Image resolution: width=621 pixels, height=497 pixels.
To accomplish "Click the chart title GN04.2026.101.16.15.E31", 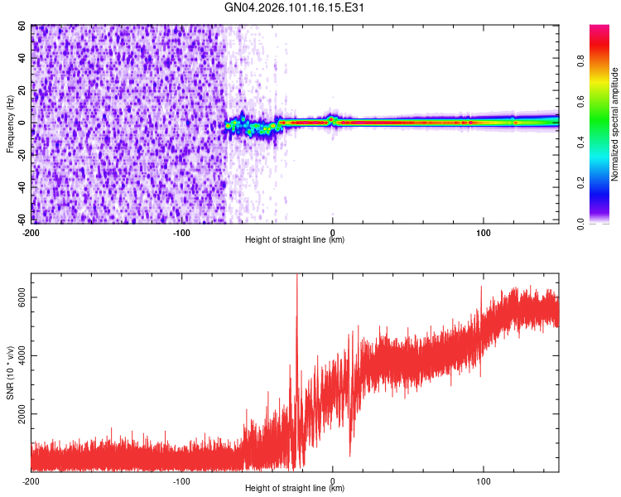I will [295, 8].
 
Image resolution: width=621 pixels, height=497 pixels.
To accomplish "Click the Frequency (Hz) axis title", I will [10, 124].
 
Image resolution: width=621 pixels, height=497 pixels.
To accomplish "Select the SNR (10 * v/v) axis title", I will [10, 372].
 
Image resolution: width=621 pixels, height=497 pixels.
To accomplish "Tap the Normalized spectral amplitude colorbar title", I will [615, 124].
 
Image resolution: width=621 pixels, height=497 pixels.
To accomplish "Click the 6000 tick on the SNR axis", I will [18, 298].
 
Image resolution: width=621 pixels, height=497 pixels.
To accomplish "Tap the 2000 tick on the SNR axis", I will [18, 414].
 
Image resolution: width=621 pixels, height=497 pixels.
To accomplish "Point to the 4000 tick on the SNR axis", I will [18, 356].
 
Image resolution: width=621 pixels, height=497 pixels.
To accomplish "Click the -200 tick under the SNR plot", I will [31, 480].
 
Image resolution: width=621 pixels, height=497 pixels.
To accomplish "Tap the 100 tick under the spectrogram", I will [484, 232].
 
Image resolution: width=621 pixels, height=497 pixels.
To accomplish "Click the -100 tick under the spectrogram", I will [182, 232].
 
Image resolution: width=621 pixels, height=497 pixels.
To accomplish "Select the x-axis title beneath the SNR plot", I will [295, 490].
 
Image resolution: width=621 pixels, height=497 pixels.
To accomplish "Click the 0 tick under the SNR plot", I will [333, 480].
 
